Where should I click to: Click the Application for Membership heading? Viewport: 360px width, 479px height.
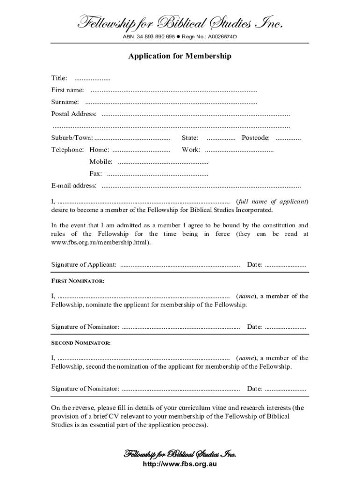(x=180, y=56)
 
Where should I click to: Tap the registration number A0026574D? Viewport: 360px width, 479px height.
(x=219, y=36)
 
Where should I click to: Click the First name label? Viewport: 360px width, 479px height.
(x=67, y=90)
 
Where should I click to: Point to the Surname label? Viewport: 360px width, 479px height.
(x=65, y=102)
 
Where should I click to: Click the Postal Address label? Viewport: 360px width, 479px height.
(x=74, y=114)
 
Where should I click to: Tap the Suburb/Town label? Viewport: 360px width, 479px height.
(x=72, y=138)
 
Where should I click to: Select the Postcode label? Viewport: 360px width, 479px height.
(x=255, y=138)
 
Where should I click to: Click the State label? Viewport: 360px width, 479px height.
(x=190, y=138)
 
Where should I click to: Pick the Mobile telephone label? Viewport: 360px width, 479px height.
(x=101, y=162)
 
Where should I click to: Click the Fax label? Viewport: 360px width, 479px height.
(x=95, y=174)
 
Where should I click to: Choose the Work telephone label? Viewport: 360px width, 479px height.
(x=191, y=150)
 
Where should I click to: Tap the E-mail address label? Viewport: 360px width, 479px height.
(x=74, y=186)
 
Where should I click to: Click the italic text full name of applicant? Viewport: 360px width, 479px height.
(x=272, y=202)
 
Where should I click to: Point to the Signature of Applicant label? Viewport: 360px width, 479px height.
(x=84, y=265)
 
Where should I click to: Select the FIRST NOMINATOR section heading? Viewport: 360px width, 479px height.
(x=78, y=281)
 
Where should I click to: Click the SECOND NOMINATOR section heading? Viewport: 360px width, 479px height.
(x=80, y=343)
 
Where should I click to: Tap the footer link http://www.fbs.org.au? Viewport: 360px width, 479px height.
(x=180, y=464)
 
